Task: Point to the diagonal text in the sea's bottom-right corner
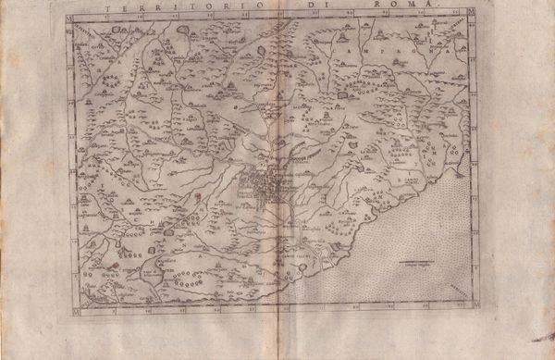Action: coord(456,291)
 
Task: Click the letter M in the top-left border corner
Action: coord(71,19)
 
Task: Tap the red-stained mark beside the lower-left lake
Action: coord(111,264)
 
